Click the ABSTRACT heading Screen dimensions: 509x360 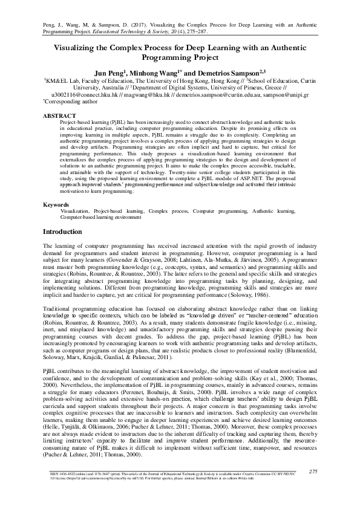coord(59,115)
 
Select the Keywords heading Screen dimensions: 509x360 coord(59,205)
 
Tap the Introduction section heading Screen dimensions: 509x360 coord(66,232)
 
